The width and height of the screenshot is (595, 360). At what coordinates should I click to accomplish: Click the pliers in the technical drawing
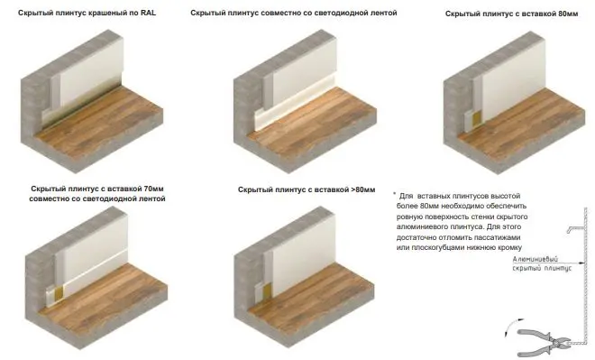tap(545, 337)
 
